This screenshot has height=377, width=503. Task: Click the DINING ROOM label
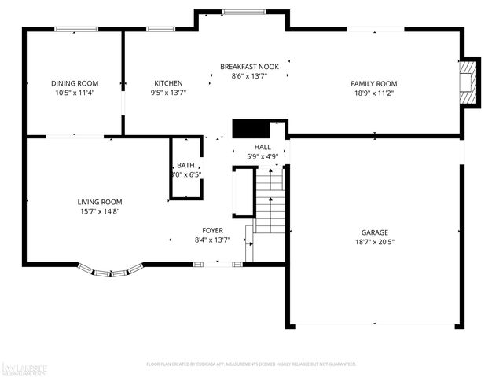click(x=75, y=83)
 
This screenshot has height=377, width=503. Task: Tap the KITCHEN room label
click(x=168, y=83)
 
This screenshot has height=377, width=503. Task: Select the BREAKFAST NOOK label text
click(x=249, y=67)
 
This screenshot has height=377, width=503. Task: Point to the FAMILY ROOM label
click(x=373, y=83)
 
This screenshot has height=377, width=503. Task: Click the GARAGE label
click(x=374, y=232)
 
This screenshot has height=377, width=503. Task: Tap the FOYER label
click(x=212, y=230)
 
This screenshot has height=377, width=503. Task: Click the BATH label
click(x=185, y=165)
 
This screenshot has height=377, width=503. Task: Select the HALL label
click(x=262, y=147)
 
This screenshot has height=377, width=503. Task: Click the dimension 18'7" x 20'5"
click(x=374, y=242)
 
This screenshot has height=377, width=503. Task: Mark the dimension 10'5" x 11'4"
click(x=75, y=93)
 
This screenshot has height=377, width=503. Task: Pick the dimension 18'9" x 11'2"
click(x=373, y=93)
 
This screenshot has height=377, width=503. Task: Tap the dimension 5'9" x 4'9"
click(x=262, y=156)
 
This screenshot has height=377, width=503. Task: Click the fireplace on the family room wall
click(x=469, y=82)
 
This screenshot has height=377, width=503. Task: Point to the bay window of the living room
click(x=110, y=272)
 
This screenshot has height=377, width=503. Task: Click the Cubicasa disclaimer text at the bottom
click(x=251, y=364)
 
